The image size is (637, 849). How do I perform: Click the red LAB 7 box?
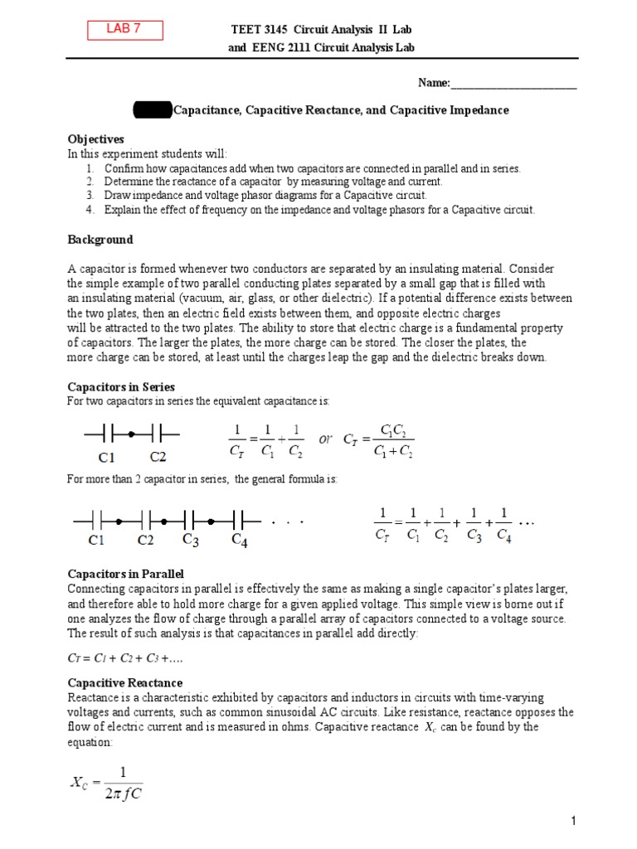tap(124, 30)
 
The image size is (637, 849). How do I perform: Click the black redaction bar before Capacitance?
tap(153, 110)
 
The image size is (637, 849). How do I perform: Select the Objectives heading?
tap(95, 139)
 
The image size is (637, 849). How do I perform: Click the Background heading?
tap(100, 240)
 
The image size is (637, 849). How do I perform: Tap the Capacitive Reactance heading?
tap(124, 682)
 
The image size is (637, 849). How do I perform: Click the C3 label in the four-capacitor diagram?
tap(191, 541)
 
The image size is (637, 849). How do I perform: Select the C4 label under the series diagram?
tap(240, 541)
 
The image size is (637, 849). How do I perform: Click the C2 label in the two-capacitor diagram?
tap(158, 457)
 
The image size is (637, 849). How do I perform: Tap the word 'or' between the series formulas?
tap(325, 439)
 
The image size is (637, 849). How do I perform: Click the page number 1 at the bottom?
tap(572, 821)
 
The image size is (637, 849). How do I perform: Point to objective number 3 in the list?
tap(88, 196)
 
